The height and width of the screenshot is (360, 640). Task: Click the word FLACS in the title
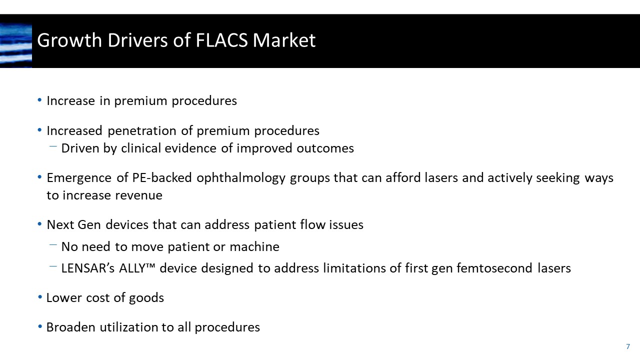coord(219,40)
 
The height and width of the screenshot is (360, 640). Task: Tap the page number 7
coord(628,346)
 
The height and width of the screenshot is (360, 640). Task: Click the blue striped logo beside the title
coord(16,45)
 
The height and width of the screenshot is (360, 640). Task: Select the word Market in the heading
coord(284,40)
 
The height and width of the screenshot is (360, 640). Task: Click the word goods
coord(146,298)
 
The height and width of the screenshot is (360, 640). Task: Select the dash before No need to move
coord(53,245)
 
